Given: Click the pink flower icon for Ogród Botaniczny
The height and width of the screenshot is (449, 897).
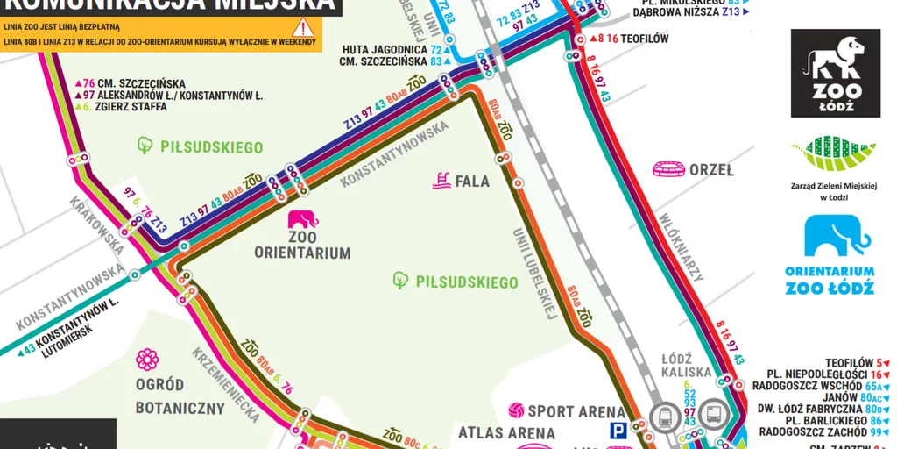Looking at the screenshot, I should [x=147, y=360].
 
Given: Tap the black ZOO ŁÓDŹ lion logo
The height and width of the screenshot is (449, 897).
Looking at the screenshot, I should [x=835, y=74].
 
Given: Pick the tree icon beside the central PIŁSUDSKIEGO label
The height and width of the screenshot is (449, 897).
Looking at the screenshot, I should [x=400, y=281].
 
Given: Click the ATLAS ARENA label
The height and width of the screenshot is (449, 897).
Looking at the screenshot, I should [x=506, y=432].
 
